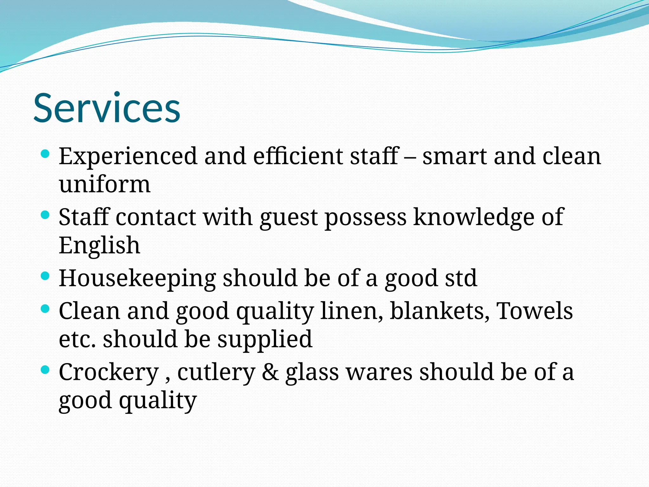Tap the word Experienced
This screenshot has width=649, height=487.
pos(128,156)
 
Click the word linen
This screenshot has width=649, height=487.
pos(351,311)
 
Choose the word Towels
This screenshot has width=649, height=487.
pos(535,311)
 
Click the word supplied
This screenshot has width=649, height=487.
pos(265,339)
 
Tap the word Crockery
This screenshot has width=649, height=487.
pos(109,372)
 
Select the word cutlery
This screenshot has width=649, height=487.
pos(216,372)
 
